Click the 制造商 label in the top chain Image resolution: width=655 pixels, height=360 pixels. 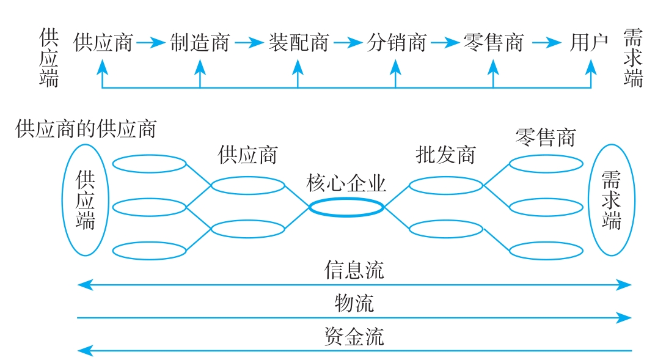[200, 43]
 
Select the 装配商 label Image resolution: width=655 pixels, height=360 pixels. [298, 43]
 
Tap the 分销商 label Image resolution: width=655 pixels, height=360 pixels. [396, 43]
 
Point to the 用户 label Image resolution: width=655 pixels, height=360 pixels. [589, 43]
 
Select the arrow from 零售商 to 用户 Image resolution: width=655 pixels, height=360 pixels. [546, 43]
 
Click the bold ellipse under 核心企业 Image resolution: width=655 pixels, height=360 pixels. [346, 208]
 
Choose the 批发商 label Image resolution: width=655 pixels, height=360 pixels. [445, 155]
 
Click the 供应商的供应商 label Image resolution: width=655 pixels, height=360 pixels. [86, 129]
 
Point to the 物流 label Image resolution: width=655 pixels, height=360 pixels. [354, 303]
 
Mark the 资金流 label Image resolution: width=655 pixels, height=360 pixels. [354, 337]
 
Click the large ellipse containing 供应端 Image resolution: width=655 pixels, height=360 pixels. [86, 200]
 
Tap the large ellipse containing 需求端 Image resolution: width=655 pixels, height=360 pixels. [611, 200]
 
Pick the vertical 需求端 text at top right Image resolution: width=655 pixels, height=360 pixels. [633, 57]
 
